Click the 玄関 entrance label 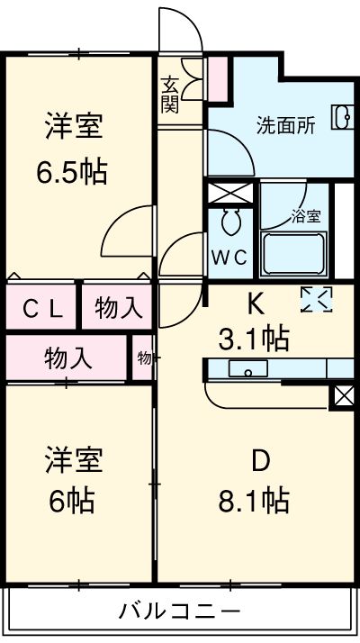pos(169,95)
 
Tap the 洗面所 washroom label pos(286,125)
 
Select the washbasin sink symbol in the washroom pos(342,117)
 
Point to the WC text pos(229,258)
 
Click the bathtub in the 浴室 pos(293,254)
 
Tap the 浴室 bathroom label pos(306,216)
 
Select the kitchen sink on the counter pos(248,368)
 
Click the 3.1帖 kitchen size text pos(254,338)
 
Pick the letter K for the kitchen pos(255,305)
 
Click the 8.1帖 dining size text pos(254,501)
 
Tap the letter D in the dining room pos(260,462)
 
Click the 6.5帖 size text pos(72,172)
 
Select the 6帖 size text pos(72,501)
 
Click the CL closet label pos(42,309)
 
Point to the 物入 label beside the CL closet pos(119,308)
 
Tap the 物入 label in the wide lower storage pos(68,359)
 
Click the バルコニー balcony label pos(179,611)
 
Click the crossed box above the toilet pos(230,193)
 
